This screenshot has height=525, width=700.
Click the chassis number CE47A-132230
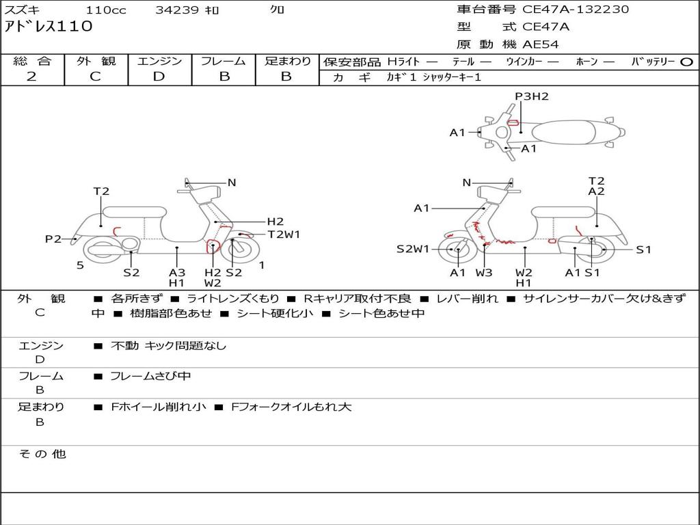pyautogui.click(x=576, y=10)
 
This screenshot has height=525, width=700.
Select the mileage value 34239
pyautogui.click(x=177, y=10)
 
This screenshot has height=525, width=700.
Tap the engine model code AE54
pyautogui.click(x=541, y=44)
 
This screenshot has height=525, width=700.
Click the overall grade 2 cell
pyautogui.click(x=32, y=77)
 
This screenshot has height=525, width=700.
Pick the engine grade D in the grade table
pyautogui.click(x=159, y=77)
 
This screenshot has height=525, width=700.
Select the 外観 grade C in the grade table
pyautogui.click(x=96, y=77)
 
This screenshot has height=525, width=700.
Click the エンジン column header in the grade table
pyautogui.click(x=159, y=62)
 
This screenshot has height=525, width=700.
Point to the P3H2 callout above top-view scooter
pyautogui.click(x=532, y=96)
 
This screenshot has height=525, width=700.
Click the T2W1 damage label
pyautogui.click(x=284, y=234)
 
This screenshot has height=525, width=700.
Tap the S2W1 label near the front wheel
pyautogui.click(x=413, y=250)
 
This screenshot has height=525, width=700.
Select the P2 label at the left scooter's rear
pyautogui.click(x=53, y=239)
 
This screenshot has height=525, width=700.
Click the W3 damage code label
pyautogui.click(x=484, y=273)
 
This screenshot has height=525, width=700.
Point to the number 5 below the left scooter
pyautogui.click(x=80, y=265)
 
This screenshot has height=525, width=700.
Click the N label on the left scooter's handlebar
pyautogui.click(x=232, y=183)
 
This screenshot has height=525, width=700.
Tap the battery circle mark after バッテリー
pyautogui.click(x=687, y=62)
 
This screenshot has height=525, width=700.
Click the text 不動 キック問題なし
pyautogui.click(x=168, y=346)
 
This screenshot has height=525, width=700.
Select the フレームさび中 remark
pyautogui.click(x=150, y=376)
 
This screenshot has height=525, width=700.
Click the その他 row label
pyautogui.click(x=42, y=454)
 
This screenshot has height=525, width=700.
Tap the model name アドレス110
pyautogui.click(x=49, y=27)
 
